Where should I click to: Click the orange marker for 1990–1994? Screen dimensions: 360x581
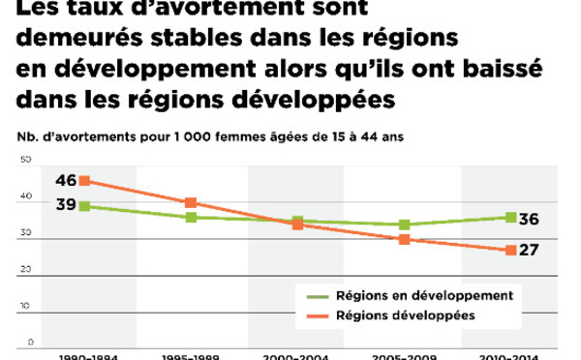85,180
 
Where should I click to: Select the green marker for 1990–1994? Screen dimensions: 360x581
85,205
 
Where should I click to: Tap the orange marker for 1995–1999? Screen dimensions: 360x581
191,202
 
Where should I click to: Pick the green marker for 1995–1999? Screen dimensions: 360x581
191,217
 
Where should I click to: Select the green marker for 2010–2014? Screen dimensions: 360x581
510,217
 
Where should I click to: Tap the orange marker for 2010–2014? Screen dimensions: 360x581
510,251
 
